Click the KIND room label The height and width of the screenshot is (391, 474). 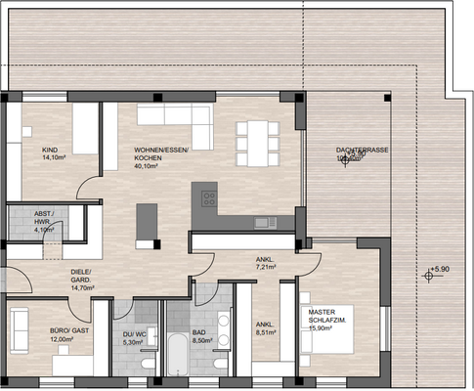coord(50,151)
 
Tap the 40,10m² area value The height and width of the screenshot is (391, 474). coord(149,166)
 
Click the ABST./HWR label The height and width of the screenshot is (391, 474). coord(44,217)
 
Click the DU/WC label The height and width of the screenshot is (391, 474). coord(134,333)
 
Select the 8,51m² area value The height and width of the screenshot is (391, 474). coord(266,331)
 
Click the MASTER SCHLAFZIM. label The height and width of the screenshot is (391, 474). coord(328,317)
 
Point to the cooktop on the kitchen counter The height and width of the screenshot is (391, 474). coord(209,198)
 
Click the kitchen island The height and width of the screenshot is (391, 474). coord(147,221)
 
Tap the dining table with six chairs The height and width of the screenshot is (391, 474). coord(254,143)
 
